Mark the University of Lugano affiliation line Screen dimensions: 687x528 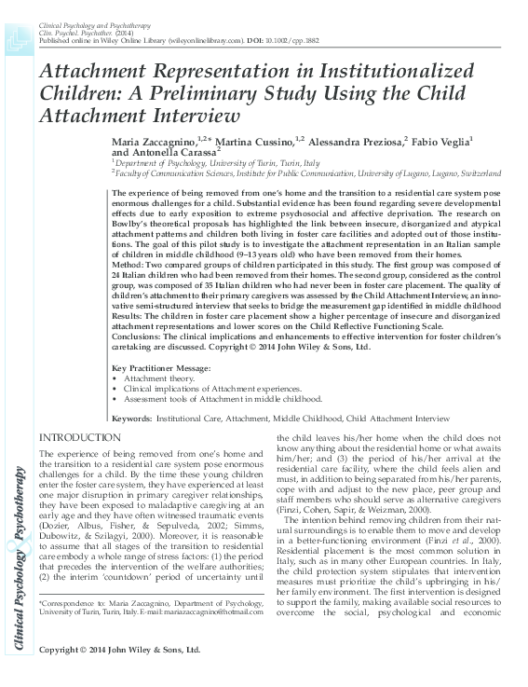[307, 172]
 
